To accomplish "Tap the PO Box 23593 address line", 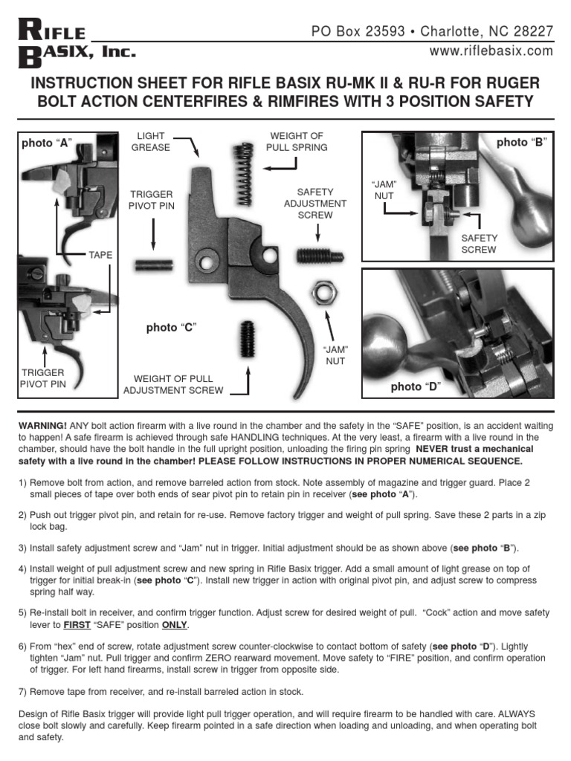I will click(x=431, y=31).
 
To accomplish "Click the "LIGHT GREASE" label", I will click(x=151, y=142).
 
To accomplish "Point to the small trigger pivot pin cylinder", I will click(x=153, y=265).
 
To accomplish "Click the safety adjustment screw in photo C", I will click(x=320, y=256).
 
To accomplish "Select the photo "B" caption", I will click(x=521, y=142).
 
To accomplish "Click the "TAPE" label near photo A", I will click(x=100, y=255).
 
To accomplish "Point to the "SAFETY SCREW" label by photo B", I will click(x=478, y=244).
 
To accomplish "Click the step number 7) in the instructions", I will click(x=23, y=691).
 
